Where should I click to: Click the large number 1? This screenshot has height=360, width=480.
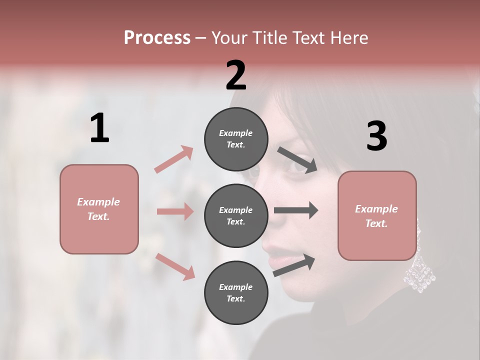99,128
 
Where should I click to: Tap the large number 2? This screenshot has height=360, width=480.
236,75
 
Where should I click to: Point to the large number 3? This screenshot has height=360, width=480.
376,136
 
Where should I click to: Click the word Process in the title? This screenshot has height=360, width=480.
157,37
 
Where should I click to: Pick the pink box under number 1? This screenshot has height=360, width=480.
99,209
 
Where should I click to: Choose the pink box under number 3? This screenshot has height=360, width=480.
377,215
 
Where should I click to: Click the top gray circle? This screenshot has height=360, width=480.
236,139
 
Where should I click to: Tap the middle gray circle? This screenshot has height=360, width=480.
236,215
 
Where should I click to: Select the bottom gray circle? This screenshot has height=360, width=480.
236,292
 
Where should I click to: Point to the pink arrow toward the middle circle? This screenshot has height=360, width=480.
175,211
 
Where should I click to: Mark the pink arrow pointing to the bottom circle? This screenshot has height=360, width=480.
175,266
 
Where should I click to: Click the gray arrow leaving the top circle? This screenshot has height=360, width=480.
297,160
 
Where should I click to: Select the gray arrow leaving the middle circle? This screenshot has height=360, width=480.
296,210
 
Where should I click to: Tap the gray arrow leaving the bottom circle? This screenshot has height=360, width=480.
294,265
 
